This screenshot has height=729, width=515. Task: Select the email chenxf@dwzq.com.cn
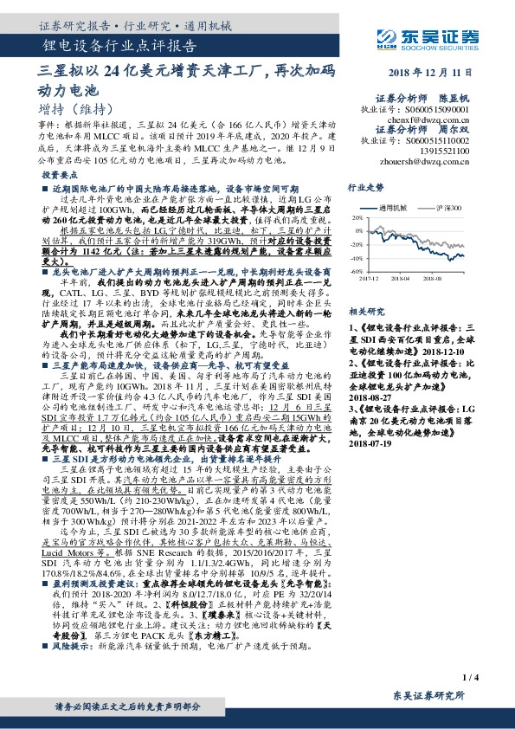[443, 120]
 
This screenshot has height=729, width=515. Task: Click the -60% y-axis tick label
[355, 271]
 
